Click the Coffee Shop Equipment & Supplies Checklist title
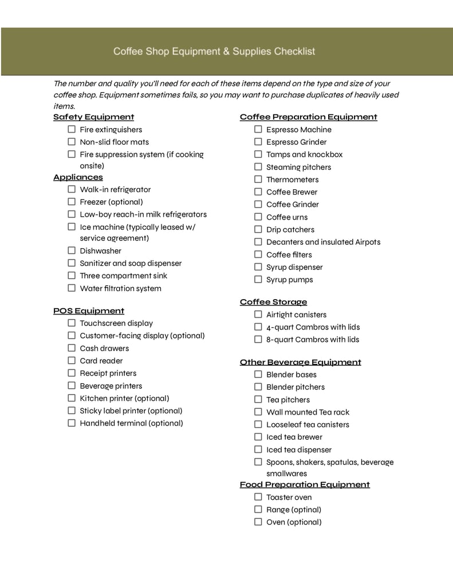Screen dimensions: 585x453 (x=214, y=51)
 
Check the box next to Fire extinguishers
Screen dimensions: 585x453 (x=72, y=129)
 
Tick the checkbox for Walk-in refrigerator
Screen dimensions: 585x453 (x=72, y=189)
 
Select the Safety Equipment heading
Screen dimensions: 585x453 (x=93, y=117)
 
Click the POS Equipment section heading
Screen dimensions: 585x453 (x=89, y=311)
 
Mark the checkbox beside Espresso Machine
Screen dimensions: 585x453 (x=258, y=129)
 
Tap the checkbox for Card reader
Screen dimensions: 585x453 (x=72, y=360)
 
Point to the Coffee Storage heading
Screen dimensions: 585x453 (x=273, y=302)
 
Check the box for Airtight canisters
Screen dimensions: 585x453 (x=258, y=314)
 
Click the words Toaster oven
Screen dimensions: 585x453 (x=289, y=498)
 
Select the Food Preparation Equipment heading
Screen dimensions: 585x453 (x=305, y=485)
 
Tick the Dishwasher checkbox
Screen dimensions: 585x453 (x=72, y=250)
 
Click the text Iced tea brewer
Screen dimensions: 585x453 (x=294, y=437)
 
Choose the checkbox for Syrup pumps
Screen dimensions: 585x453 (x=258, y=279)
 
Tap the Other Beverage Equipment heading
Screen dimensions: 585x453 (x=300, y=362)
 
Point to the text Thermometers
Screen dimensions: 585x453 (x=292, y=180)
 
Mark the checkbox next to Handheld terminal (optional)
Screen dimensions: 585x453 (x=72, y=423)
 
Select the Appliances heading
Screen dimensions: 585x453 (x=78, y=177)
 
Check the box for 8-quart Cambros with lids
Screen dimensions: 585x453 (x=258, y=339)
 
